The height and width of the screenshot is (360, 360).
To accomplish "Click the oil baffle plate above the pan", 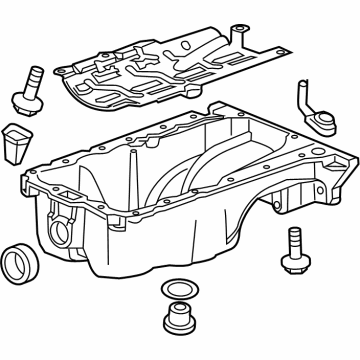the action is click(x=160, y=70).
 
